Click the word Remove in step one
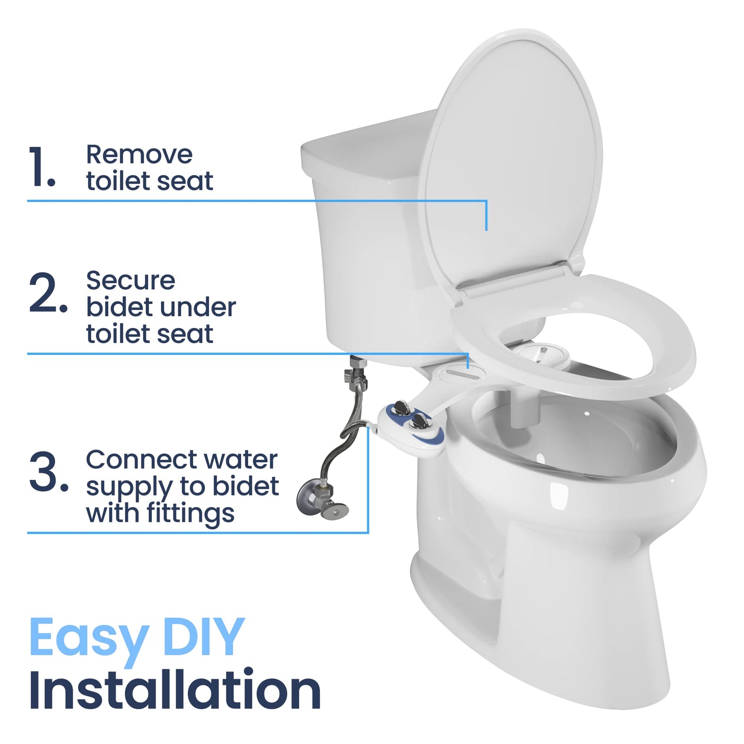point(139,154)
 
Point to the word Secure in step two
point(130,281)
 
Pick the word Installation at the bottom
point(175,690)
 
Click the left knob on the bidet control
point(400,409)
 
